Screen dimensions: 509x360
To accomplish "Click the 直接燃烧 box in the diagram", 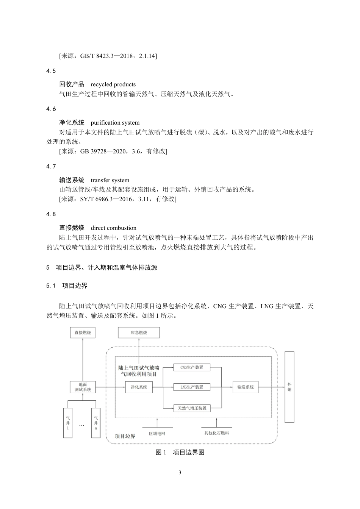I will click(83, 333).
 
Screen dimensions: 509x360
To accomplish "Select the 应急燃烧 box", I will click(139, 333).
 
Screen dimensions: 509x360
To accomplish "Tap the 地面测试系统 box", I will click(83, 387).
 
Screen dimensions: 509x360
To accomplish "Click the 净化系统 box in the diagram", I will click(139, 387).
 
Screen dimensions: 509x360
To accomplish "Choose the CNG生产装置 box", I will click(192, 367).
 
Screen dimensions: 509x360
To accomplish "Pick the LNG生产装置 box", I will click(192, 387).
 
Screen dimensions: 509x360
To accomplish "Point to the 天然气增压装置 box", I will click(192, 408).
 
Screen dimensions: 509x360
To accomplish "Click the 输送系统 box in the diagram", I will click(246, 387).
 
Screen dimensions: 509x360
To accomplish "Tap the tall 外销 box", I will click(289, 387).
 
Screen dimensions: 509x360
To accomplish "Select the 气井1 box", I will click(68, 423).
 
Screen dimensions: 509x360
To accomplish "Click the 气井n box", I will click(96, 423).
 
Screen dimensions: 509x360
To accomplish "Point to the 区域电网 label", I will click(157, 433).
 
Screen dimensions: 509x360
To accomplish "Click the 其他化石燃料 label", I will click(217, 433).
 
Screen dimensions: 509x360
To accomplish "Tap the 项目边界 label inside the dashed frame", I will click(125, 436).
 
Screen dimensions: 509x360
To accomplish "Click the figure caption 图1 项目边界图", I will click(180, 452).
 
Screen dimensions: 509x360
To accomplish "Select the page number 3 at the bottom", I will click(180, 472).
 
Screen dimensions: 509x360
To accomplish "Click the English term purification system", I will click(115, 123).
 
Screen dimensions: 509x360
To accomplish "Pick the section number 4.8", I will click(51, 214).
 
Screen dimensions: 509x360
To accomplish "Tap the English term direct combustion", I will click(114, 228).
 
